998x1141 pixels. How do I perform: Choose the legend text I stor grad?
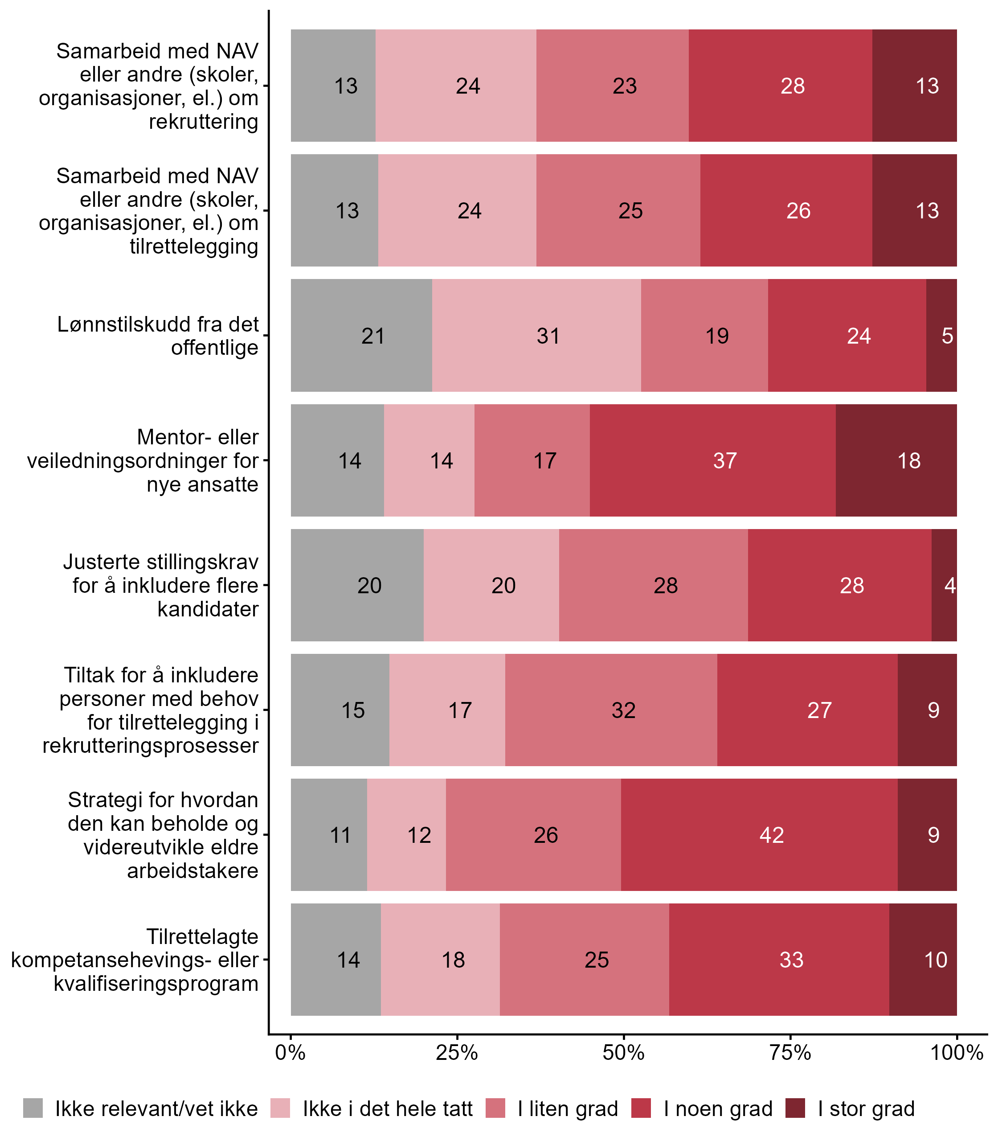[866, 1109]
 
